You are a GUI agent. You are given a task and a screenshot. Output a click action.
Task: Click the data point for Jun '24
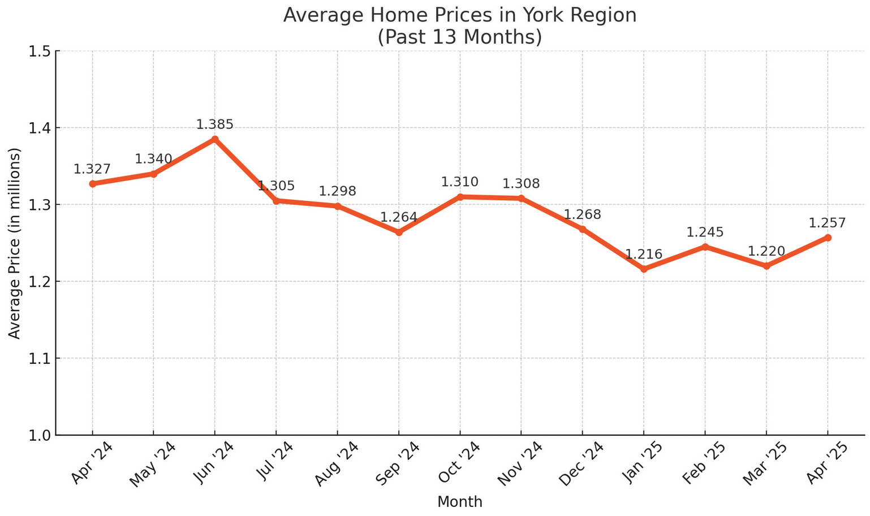coord(215,139)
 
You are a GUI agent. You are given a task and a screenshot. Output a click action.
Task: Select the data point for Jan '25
coord(644,269)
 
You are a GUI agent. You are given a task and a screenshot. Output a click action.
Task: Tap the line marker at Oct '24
coord(460,197)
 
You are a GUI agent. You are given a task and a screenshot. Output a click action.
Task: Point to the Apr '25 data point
coord(828,238)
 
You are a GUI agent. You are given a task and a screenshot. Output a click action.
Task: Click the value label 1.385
coord(215,124)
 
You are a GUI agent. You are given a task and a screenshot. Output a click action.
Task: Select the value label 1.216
coord(644,255)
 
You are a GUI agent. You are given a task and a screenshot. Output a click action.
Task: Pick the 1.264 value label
coord(399,217)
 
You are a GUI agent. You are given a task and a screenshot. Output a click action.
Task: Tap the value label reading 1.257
coord(828,223)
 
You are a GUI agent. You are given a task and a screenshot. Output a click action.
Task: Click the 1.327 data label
coord(92,169)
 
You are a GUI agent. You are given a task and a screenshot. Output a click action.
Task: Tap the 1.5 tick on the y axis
coord(40,51)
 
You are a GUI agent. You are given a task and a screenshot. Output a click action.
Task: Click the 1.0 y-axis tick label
coord(40,435)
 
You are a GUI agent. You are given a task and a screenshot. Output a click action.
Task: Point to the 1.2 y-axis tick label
coord(40,282)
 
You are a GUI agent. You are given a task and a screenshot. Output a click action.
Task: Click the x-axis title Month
coord(460,502)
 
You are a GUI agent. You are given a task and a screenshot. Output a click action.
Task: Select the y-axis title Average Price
coord(15,243)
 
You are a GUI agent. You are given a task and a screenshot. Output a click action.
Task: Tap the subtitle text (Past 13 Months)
coord(460,37)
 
